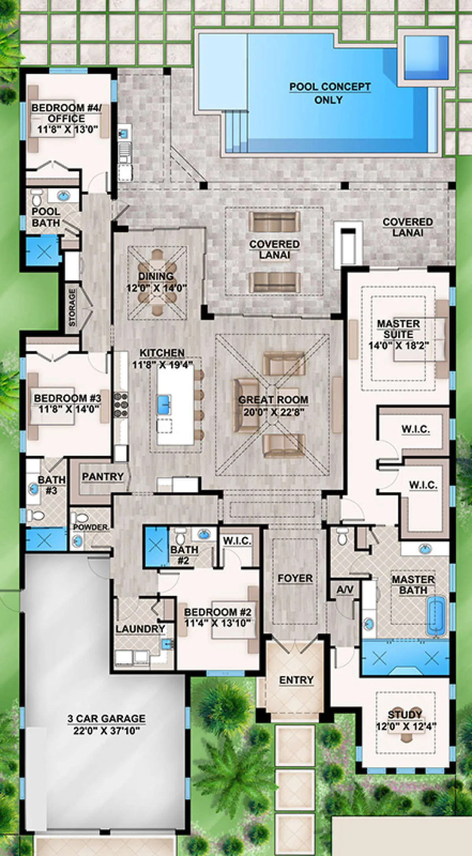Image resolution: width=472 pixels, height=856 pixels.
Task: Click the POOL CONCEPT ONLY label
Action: (x=330, y=93)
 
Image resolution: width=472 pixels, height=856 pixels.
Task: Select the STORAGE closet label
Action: (x=72, y=307)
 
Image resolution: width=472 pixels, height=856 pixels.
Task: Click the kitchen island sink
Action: (x=164, y=405)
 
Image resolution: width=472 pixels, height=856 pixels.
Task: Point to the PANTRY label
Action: (x=103, y=477)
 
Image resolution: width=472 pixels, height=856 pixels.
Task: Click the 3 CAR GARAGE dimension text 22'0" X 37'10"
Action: (x=107, y=731)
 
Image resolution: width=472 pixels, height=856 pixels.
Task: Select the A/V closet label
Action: (x=345, y=590)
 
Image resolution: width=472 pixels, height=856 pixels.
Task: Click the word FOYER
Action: (x=295, y=578)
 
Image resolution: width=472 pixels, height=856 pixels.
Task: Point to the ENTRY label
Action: (x=296, y=680)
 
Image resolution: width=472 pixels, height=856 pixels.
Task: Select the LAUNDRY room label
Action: (x=140, y=629)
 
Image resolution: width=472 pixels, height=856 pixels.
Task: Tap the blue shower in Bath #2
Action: (x=156, y=546)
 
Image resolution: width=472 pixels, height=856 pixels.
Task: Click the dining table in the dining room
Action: (x=157, y=282)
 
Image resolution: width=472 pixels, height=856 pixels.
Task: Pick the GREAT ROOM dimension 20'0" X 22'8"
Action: (x=274, y=412)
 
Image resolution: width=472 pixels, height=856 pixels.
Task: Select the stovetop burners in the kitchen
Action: (x=121, y=405)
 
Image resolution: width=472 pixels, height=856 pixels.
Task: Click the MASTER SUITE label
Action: (x=398, y=329)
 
